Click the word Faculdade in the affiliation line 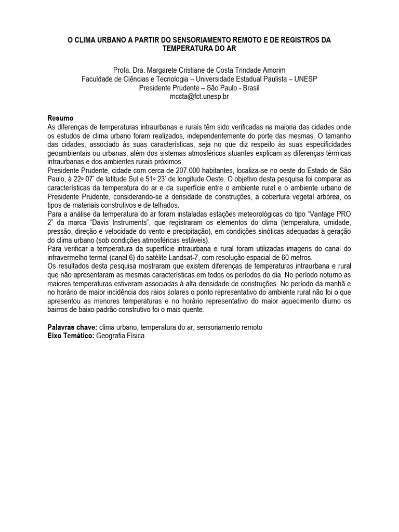(x=98, y=79)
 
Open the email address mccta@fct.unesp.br (x=199, y=97)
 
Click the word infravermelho (x=71, y=258)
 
